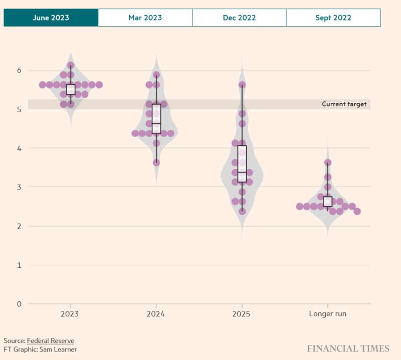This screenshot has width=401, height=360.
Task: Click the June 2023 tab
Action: coord(51,18)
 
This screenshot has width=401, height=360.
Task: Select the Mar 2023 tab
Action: coord(145,18)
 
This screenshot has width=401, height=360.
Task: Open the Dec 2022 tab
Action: coord(239,18)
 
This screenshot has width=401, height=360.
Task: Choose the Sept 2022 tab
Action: coord(333,18)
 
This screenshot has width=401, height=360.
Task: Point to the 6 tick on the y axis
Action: coord(19,70)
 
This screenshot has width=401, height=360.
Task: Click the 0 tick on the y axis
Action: coord(19,304)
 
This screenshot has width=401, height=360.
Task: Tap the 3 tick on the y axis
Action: coord(19,187)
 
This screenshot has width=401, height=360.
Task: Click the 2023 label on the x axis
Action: coord(71,314)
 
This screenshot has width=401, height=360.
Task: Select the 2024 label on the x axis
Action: coord(156,314)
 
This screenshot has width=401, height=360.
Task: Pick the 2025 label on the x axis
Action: coord(242,314)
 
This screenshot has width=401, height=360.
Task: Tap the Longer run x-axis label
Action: coord(328,314)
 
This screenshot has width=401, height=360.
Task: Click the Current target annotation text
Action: coord(344,104)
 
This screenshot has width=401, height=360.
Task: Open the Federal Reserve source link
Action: coord(50,341)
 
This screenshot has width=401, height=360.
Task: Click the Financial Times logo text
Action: coord(348,348)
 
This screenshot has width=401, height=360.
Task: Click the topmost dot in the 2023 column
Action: coord(71,66)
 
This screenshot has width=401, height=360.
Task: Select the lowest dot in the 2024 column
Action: coord(156,162)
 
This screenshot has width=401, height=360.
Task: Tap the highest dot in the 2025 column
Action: coord(242,85)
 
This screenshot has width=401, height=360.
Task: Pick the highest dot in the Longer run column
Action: coord(328,162)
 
